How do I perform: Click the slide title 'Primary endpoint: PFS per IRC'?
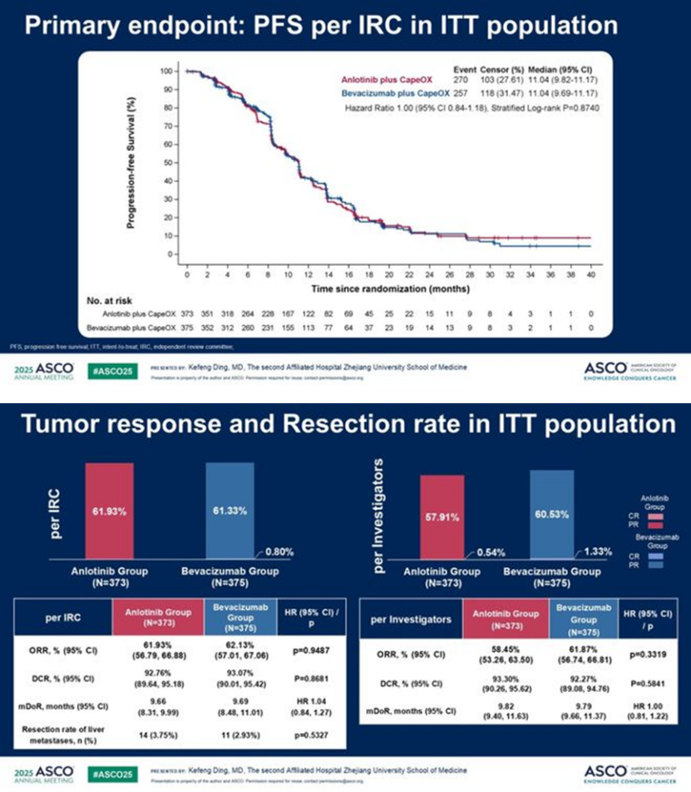[x=319, y=25]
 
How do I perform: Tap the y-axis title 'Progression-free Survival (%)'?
[x=132, y=163]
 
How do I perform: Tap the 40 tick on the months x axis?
[x=591, y=273]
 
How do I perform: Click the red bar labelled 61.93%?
[x=110, y=512]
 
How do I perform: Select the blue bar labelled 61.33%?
[x=230, y=512]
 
